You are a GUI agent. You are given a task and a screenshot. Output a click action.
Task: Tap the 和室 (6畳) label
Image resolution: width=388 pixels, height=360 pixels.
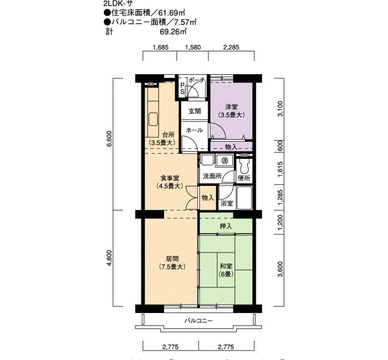click(x=226, y=270)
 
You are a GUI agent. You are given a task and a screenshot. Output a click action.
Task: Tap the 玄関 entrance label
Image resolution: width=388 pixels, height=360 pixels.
click(x=195, y=111)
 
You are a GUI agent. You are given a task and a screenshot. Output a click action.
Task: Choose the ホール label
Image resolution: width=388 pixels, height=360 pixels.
click(x=195, y=130)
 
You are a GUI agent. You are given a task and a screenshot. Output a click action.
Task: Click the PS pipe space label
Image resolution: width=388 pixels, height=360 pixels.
click(x=182, y=89)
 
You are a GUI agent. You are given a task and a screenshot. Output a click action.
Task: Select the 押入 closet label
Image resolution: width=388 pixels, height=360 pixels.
click(x=226, y=226)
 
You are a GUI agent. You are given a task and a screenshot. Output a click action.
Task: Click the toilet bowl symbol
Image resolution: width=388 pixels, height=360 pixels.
click(x=244, y=166)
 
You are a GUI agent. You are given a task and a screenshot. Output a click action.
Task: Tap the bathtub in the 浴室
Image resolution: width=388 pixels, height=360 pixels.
click(x=244, y=198)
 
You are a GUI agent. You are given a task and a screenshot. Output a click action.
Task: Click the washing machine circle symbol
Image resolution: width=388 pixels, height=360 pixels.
click(x=224, y=161)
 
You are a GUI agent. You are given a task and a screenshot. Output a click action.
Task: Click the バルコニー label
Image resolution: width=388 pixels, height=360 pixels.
click(x=198, y=321)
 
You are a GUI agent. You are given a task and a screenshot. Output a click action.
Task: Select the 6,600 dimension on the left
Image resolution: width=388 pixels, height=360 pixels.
click(x=109, y=138)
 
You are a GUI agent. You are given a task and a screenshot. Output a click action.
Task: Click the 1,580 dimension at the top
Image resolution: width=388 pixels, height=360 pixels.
click(x=193, y=47)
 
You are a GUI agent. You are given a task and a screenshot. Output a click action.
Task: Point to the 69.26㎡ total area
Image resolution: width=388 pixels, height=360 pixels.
click(x=173, y=32)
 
